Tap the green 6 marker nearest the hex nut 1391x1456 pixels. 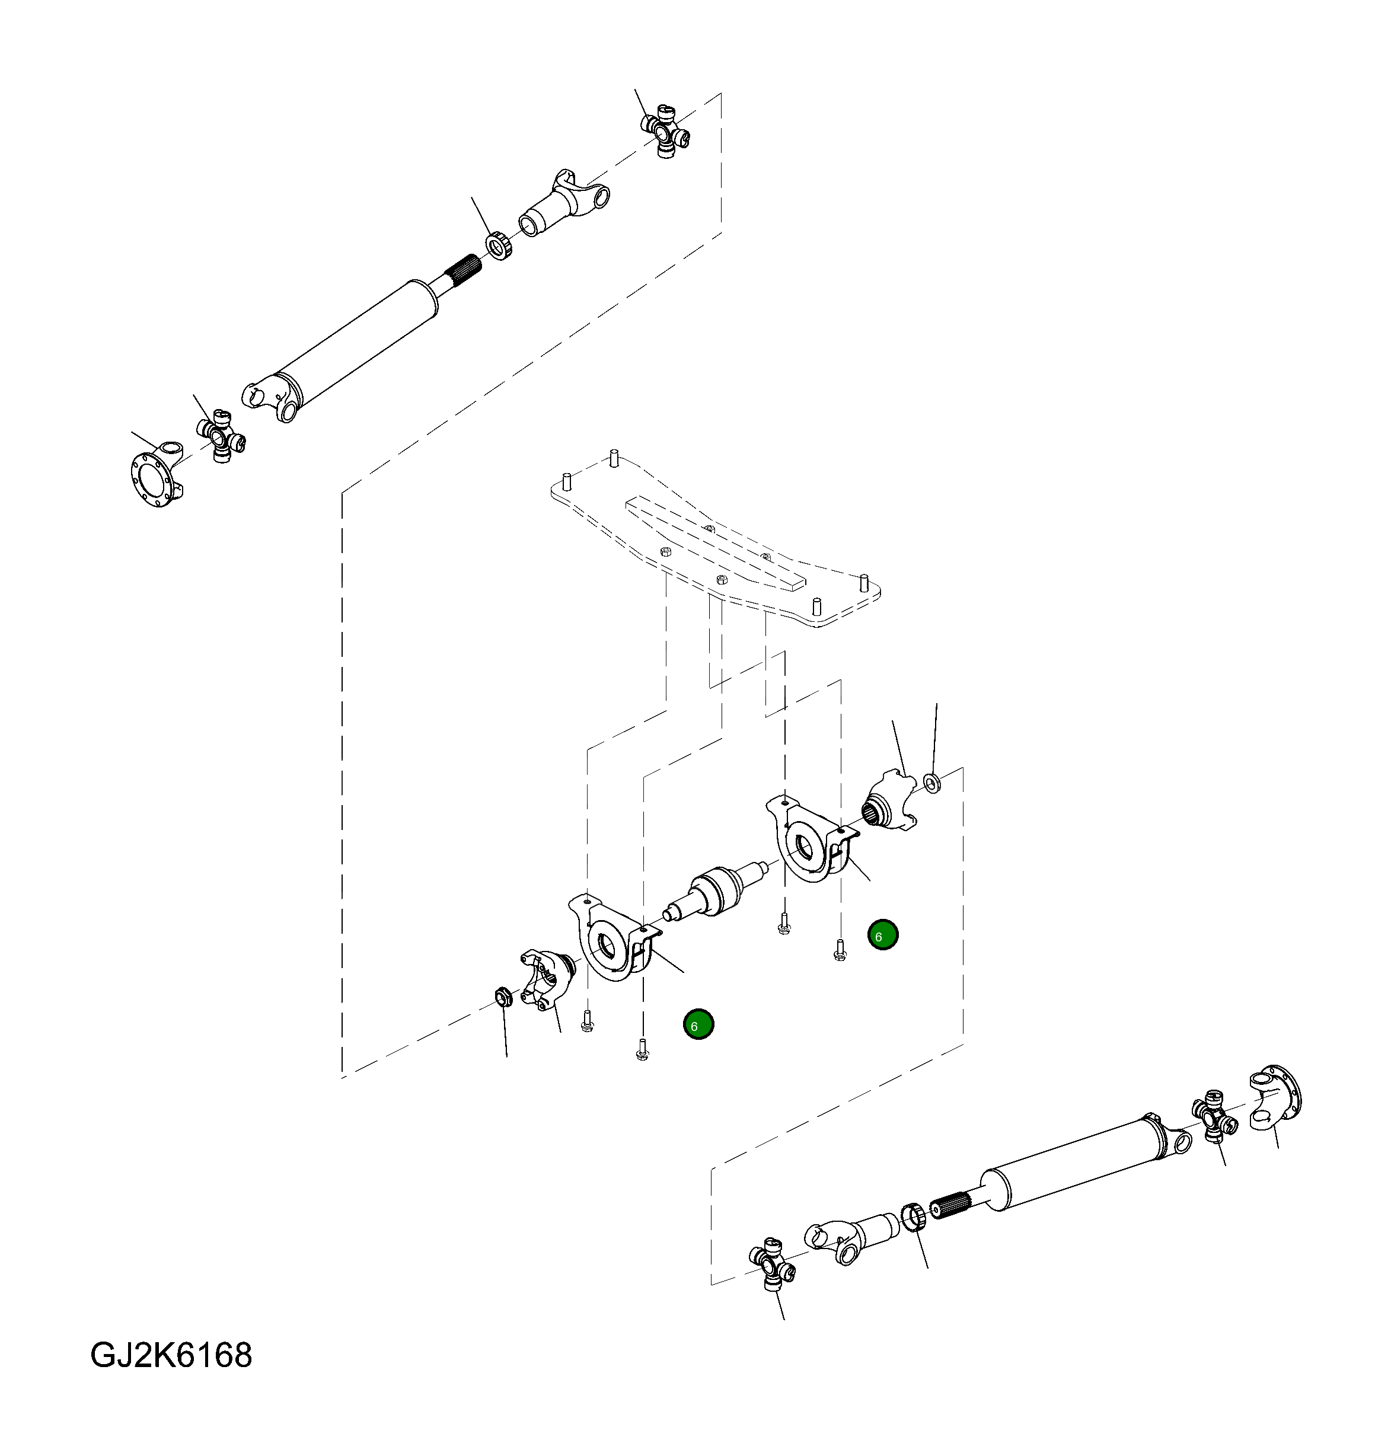pyautogui.click(x=698, y=1024)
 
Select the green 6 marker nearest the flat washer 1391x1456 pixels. pyautogui.click(x=882, y=935)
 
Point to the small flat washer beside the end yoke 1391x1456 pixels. pyautogui.click(x=933, y=781)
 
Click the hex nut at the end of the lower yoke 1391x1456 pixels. pyautogui.click(x=501, y=997)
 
